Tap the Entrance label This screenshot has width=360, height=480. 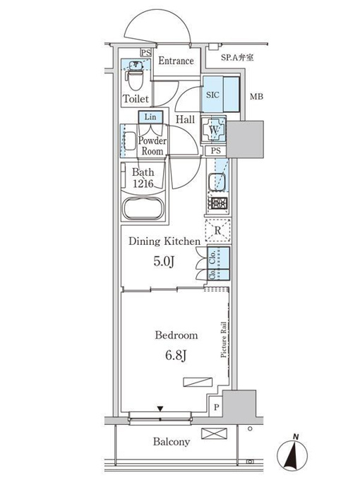coord(176,61)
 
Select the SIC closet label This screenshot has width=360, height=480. coord(212,95)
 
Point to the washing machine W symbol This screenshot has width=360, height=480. coord(214,129)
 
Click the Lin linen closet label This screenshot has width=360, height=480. coord(150,116)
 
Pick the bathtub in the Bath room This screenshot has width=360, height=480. coord(143,208)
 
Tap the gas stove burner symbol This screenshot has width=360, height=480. coord(217,203)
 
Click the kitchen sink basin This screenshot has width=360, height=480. coord(217,182)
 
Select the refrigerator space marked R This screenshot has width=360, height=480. coord(217,231)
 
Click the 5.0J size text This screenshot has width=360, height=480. coord(164,261)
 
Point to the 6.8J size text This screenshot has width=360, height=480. coord(176,355)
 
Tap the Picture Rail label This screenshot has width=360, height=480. coord(224,340)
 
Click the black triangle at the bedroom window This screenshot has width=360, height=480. coord(160,409)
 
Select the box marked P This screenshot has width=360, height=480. coord(216,407)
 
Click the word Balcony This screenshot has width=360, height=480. coord(172,442)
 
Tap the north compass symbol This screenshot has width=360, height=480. coord(292,454)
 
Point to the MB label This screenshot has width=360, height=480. coord(256,97)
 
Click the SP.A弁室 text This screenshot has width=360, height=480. coord(237,57)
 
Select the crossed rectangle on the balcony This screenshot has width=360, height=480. coord(215,434)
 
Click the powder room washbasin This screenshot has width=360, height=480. coord(129,141)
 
